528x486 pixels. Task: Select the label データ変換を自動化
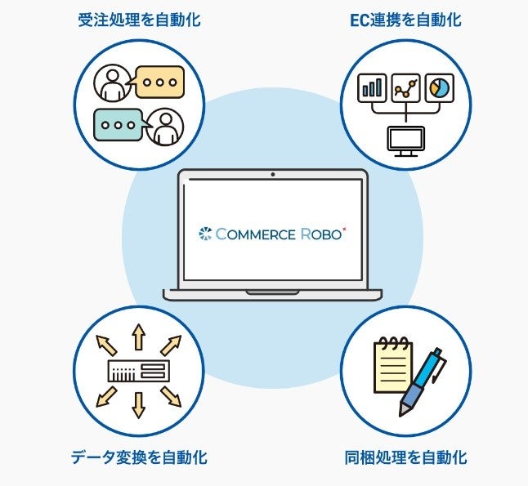coord(137,457)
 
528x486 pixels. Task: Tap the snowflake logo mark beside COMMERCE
coord(204,234)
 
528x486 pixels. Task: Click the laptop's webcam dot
coord(272,174)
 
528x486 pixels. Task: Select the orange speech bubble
coord(159,82)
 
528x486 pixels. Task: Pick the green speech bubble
coord(119,125)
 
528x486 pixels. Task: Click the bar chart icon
coord(372,87)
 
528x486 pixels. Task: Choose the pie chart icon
coord(439,87)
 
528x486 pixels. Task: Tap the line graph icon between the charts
coord(405,87)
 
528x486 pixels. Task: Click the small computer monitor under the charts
coord(405,140)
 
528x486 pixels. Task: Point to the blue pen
coord(423,380)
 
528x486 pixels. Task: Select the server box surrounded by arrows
coord(138,372)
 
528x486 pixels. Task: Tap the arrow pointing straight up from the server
coord(138,337)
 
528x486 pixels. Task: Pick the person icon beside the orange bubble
coord(112,82)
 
